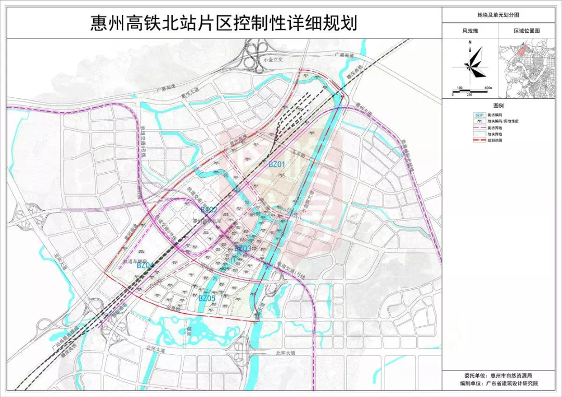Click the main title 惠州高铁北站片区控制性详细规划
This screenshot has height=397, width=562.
click(224, 23)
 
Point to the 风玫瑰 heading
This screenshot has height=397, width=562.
click(470, 31)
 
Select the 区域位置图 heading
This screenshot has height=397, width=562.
click(527, 31)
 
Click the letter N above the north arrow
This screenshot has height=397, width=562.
click(469, 42)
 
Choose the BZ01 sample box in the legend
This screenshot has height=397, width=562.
click(480, 114)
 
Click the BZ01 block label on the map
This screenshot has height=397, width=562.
click(277, 164)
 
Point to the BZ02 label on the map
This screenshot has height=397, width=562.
click(209, 209)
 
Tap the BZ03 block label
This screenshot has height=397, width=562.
click(242, 248)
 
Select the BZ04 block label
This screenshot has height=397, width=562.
click(145, 265)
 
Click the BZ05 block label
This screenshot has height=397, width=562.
click(207, 298)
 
